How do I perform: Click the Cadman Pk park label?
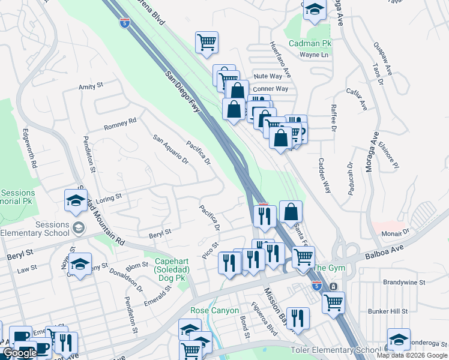pyautogui.click(x=310, y=43)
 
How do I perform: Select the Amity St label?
pyautogui.click(x=91, y=86)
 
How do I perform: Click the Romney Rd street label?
pyautogui.click(x=120, y=124)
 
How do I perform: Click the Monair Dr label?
pyautogui.click(x=397, y=230)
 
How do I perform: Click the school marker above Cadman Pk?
pyautogui.click(x=314, y=10)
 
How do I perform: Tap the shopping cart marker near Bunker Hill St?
pyautogui.click(x=333, y=302)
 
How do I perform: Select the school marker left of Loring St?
pyautogui.click(x=76, y=200)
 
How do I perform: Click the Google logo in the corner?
pyautogui.click(x=20, y=353)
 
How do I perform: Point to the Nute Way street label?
pyautogui.click(x=268, y=76)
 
